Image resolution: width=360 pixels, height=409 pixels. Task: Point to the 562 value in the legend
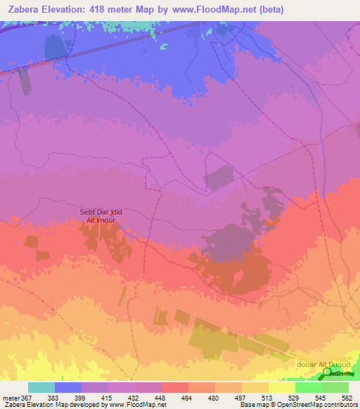345,398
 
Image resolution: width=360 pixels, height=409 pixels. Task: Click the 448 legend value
150,398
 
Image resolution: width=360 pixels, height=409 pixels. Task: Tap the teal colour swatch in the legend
41,387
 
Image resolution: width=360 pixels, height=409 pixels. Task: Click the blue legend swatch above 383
68,387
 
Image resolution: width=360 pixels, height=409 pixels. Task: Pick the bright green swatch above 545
309,387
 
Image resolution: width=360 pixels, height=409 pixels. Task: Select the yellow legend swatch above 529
282,387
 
